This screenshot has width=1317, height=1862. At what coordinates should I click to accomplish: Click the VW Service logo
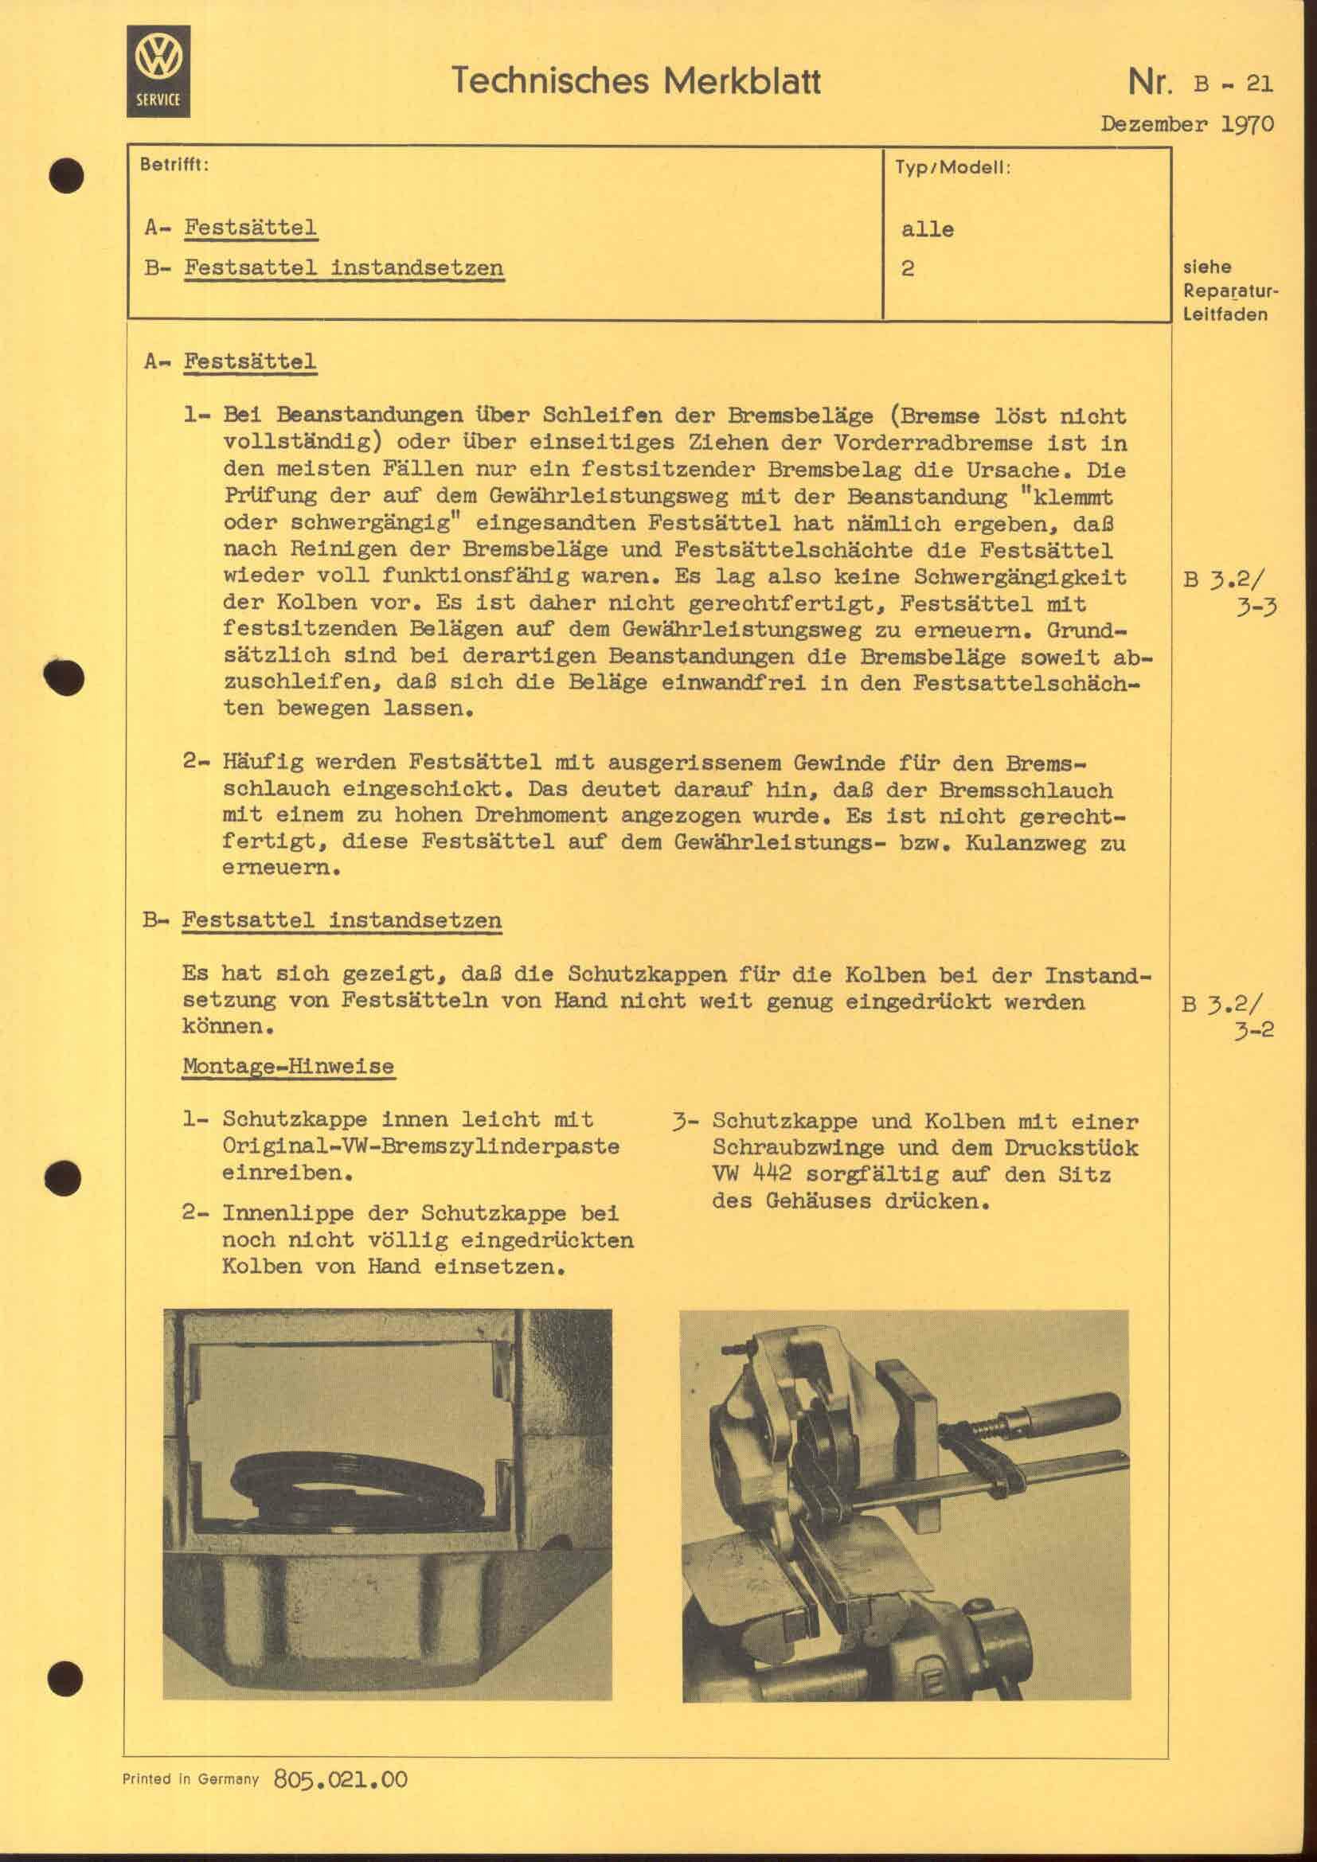[x=158, y=71]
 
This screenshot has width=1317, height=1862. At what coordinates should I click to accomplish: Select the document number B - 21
[x=1233, y=84]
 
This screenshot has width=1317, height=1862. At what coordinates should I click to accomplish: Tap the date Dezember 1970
[x=1186, y=124]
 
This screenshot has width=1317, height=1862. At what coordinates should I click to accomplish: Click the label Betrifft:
[x=174, y=165]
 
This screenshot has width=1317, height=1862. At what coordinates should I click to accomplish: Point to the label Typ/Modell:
[x=952, y=169]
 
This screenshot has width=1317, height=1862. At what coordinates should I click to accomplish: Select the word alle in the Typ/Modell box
[x=927, y=229]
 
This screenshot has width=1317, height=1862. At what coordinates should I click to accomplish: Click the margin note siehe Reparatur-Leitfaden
[x=1229, y=291]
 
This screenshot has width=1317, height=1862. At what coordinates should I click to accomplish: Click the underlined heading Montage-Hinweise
[x=288, y=1067]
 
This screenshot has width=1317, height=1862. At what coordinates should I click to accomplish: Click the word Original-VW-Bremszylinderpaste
[x=421, y=1146]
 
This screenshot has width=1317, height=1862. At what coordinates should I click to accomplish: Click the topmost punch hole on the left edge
[x=65, y=176]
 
